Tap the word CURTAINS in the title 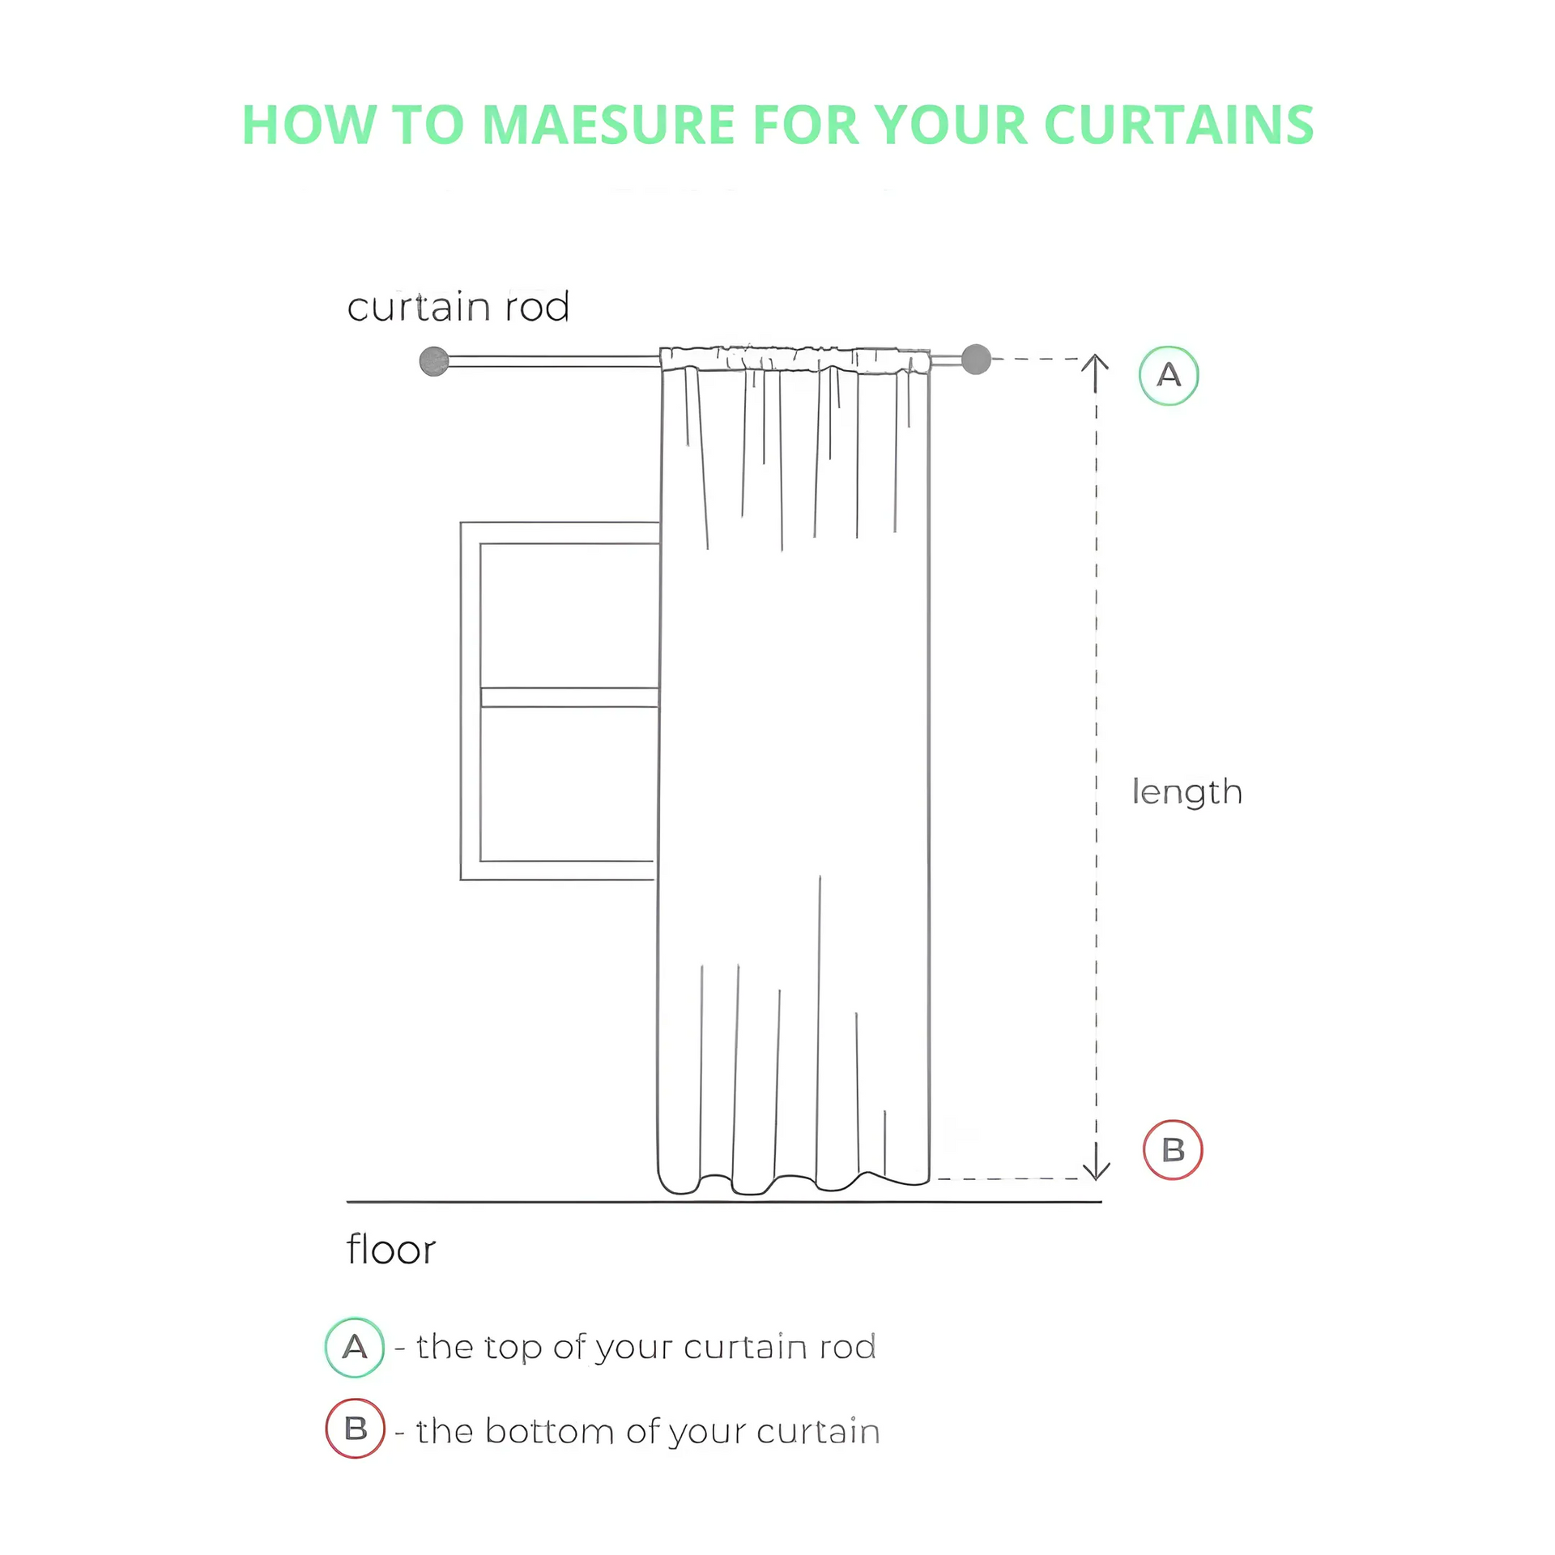[1178, 125]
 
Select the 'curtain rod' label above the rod [458, 307]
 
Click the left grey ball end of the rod [434, 361]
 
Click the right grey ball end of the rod [976, 359]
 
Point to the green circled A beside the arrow [1169, 375]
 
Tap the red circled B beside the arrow [1173, 1149]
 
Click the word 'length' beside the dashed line [1186, 792]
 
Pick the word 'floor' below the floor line [391, 1250]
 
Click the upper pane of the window [569, 616]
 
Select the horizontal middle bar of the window [569, 697]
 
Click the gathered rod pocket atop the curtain [795, 359]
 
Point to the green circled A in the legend [355, 1348]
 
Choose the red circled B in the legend [355, 1429]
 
